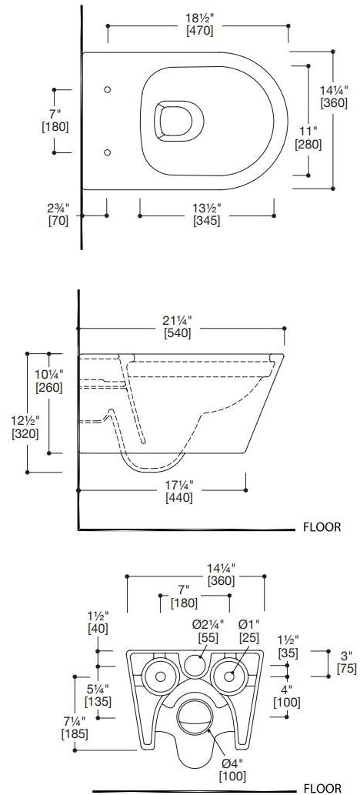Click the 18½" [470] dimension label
(199, 25)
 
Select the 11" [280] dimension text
(309, 137)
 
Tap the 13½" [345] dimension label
(207, 214)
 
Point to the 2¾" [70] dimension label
(58, 214)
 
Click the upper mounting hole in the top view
(107, 90)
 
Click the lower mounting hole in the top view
(107, 151)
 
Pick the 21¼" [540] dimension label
(178, 326)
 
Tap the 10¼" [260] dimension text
(49, 380)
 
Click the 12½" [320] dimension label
(25, 426)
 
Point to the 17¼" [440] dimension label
(178, 491)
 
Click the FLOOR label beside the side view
(322, 528)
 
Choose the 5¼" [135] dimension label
(98, 695)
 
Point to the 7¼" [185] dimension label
(74, 727)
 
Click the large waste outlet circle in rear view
(193, 716)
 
